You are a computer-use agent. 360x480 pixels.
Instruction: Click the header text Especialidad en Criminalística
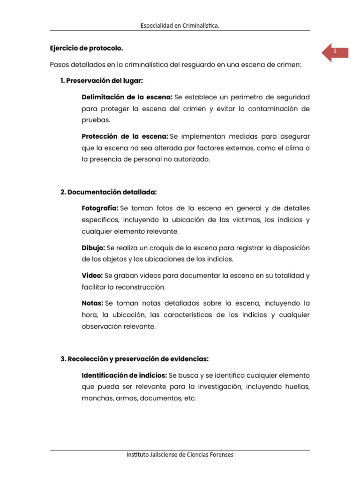pos(180,26)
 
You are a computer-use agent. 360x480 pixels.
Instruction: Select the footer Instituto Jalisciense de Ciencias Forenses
pos(180,455)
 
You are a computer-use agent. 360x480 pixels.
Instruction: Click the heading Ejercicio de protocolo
pos(87,48)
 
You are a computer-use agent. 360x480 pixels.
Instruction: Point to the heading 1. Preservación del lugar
pos(101,81)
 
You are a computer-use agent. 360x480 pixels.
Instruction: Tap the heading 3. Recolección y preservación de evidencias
pos(135,359)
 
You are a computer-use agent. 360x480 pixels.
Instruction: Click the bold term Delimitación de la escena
pos(127,97)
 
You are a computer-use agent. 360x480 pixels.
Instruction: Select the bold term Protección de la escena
pos(125,136)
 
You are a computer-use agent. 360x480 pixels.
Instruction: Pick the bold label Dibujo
pos(93,247)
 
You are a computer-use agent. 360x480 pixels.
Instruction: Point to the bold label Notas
pos(92,303)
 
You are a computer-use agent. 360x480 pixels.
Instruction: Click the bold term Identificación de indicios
pos(124,375)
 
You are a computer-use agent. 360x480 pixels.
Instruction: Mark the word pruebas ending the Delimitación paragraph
pos(95,120)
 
